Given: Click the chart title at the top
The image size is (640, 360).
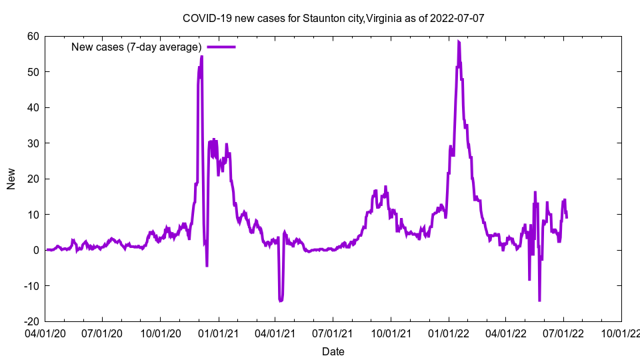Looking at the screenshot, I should (333, 18).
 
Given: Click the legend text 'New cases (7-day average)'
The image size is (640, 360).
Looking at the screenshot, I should (137, 47).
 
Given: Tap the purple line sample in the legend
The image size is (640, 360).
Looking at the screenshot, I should (221, 47).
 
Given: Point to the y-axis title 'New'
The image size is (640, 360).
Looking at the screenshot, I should (11, 179).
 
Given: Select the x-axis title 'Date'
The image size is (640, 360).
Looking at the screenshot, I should (333, 351).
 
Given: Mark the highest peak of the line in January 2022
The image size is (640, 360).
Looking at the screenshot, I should (458, 41).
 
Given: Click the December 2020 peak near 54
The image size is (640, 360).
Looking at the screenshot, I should (201, 57).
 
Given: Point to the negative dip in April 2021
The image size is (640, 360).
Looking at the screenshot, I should (281, 301).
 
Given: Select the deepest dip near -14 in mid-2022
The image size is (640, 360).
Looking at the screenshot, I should (539, 301).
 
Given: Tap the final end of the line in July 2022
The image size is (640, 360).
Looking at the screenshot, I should (567, 217).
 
